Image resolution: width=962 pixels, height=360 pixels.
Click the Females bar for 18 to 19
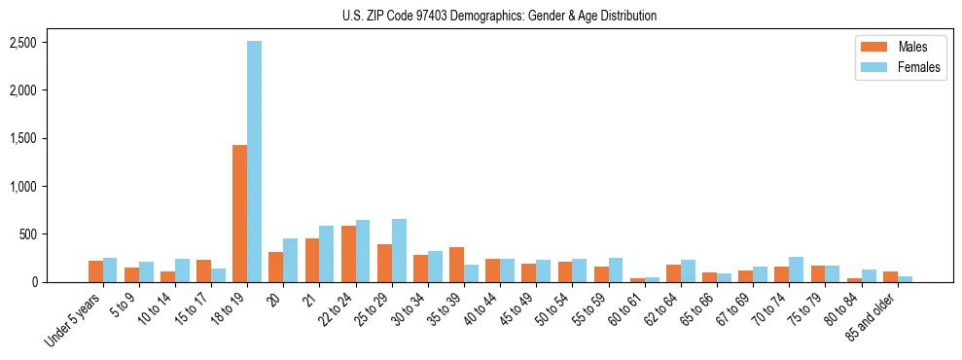254,162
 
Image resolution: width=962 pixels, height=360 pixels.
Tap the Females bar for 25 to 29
399,251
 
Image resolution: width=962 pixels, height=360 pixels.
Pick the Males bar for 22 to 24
348,254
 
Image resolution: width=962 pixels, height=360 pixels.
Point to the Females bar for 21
326,254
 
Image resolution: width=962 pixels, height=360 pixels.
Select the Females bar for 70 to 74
796,270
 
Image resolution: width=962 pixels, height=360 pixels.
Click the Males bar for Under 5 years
95,271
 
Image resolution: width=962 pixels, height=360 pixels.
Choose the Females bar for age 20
290,261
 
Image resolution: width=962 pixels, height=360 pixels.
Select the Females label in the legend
918,66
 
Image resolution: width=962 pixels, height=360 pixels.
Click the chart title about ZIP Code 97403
500,16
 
